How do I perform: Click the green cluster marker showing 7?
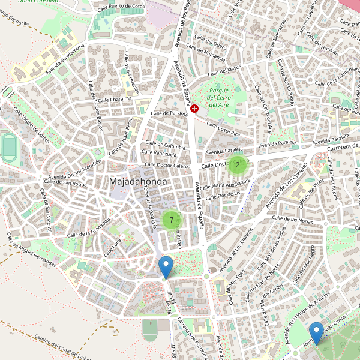click(x=172, y=220)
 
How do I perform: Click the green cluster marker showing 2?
click(x=238, y=164)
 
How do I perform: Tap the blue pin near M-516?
click(x=166, y=267)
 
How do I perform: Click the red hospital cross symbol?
click(x=195, y=108)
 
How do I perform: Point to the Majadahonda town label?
click(x=138, y=181)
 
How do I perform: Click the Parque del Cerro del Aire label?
click(x=219, y=97)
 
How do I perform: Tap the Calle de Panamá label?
click(x=170, y=113)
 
